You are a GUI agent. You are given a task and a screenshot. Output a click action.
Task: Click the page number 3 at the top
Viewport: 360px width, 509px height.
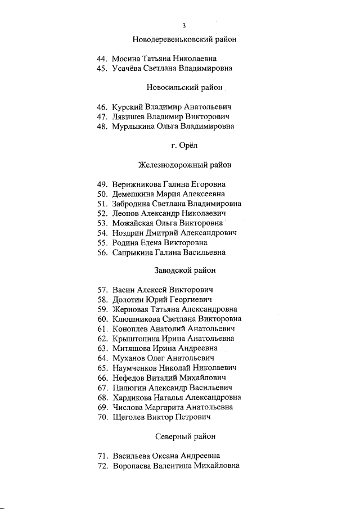(x=184, y=26)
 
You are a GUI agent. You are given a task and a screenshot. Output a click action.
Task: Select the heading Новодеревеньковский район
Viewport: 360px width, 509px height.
(x=184, y=40)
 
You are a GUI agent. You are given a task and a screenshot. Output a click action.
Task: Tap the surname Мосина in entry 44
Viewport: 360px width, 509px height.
(x=127, y=58)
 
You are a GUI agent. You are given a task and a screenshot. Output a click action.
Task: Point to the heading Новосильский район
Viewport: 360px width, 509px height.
(x=184, y=87)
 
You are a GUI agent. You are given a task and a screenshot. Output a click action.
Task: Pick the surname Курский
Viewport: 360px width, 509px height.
(x=128, y=106)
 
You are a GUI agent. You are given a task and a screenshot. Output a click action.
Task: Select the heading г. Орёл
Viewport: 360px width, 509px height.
(x=184, y=146)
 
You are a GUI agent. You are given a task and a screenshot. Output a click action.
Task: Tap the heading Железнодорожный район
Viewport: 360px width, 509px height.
(x=184, y=165)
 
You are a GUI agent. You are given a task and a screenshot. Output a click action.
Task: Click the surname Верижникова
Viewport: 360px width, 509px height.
(x=137, y=184)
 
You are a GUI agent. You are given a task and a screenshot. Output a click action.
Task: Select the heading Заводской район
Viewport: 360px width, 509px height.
(x=184, y=271)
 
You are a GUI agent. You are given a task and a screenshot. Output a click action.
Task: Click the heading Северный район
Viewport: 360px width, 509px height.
(x=184, y=436)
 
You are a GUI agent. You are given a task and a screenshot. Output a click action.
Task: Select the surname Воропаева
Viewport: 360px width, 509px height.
(x=133, y=466)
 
